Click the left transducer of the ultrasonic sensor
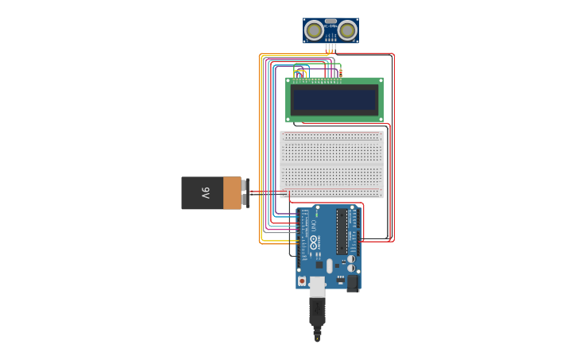[315, 30]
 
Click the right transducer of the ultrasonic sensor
[347, 30]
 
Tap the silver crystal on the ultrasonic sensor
[331, 21]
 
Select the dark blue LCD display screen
[334, 100]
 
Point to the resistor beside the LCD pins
[341, 74]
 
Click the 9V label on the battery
[205, 192]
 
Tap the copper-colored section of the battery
[232, 192]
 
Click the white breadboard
[332, 164]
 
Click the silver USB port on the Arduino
[317, 286]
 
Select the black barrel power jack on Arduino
[352, 282]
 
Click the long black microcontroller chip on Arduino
[342, 231]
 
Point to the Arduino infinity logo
[314, 242]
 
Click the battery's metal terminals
[245, 192]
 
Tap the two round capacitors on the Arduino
[350, 263]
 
